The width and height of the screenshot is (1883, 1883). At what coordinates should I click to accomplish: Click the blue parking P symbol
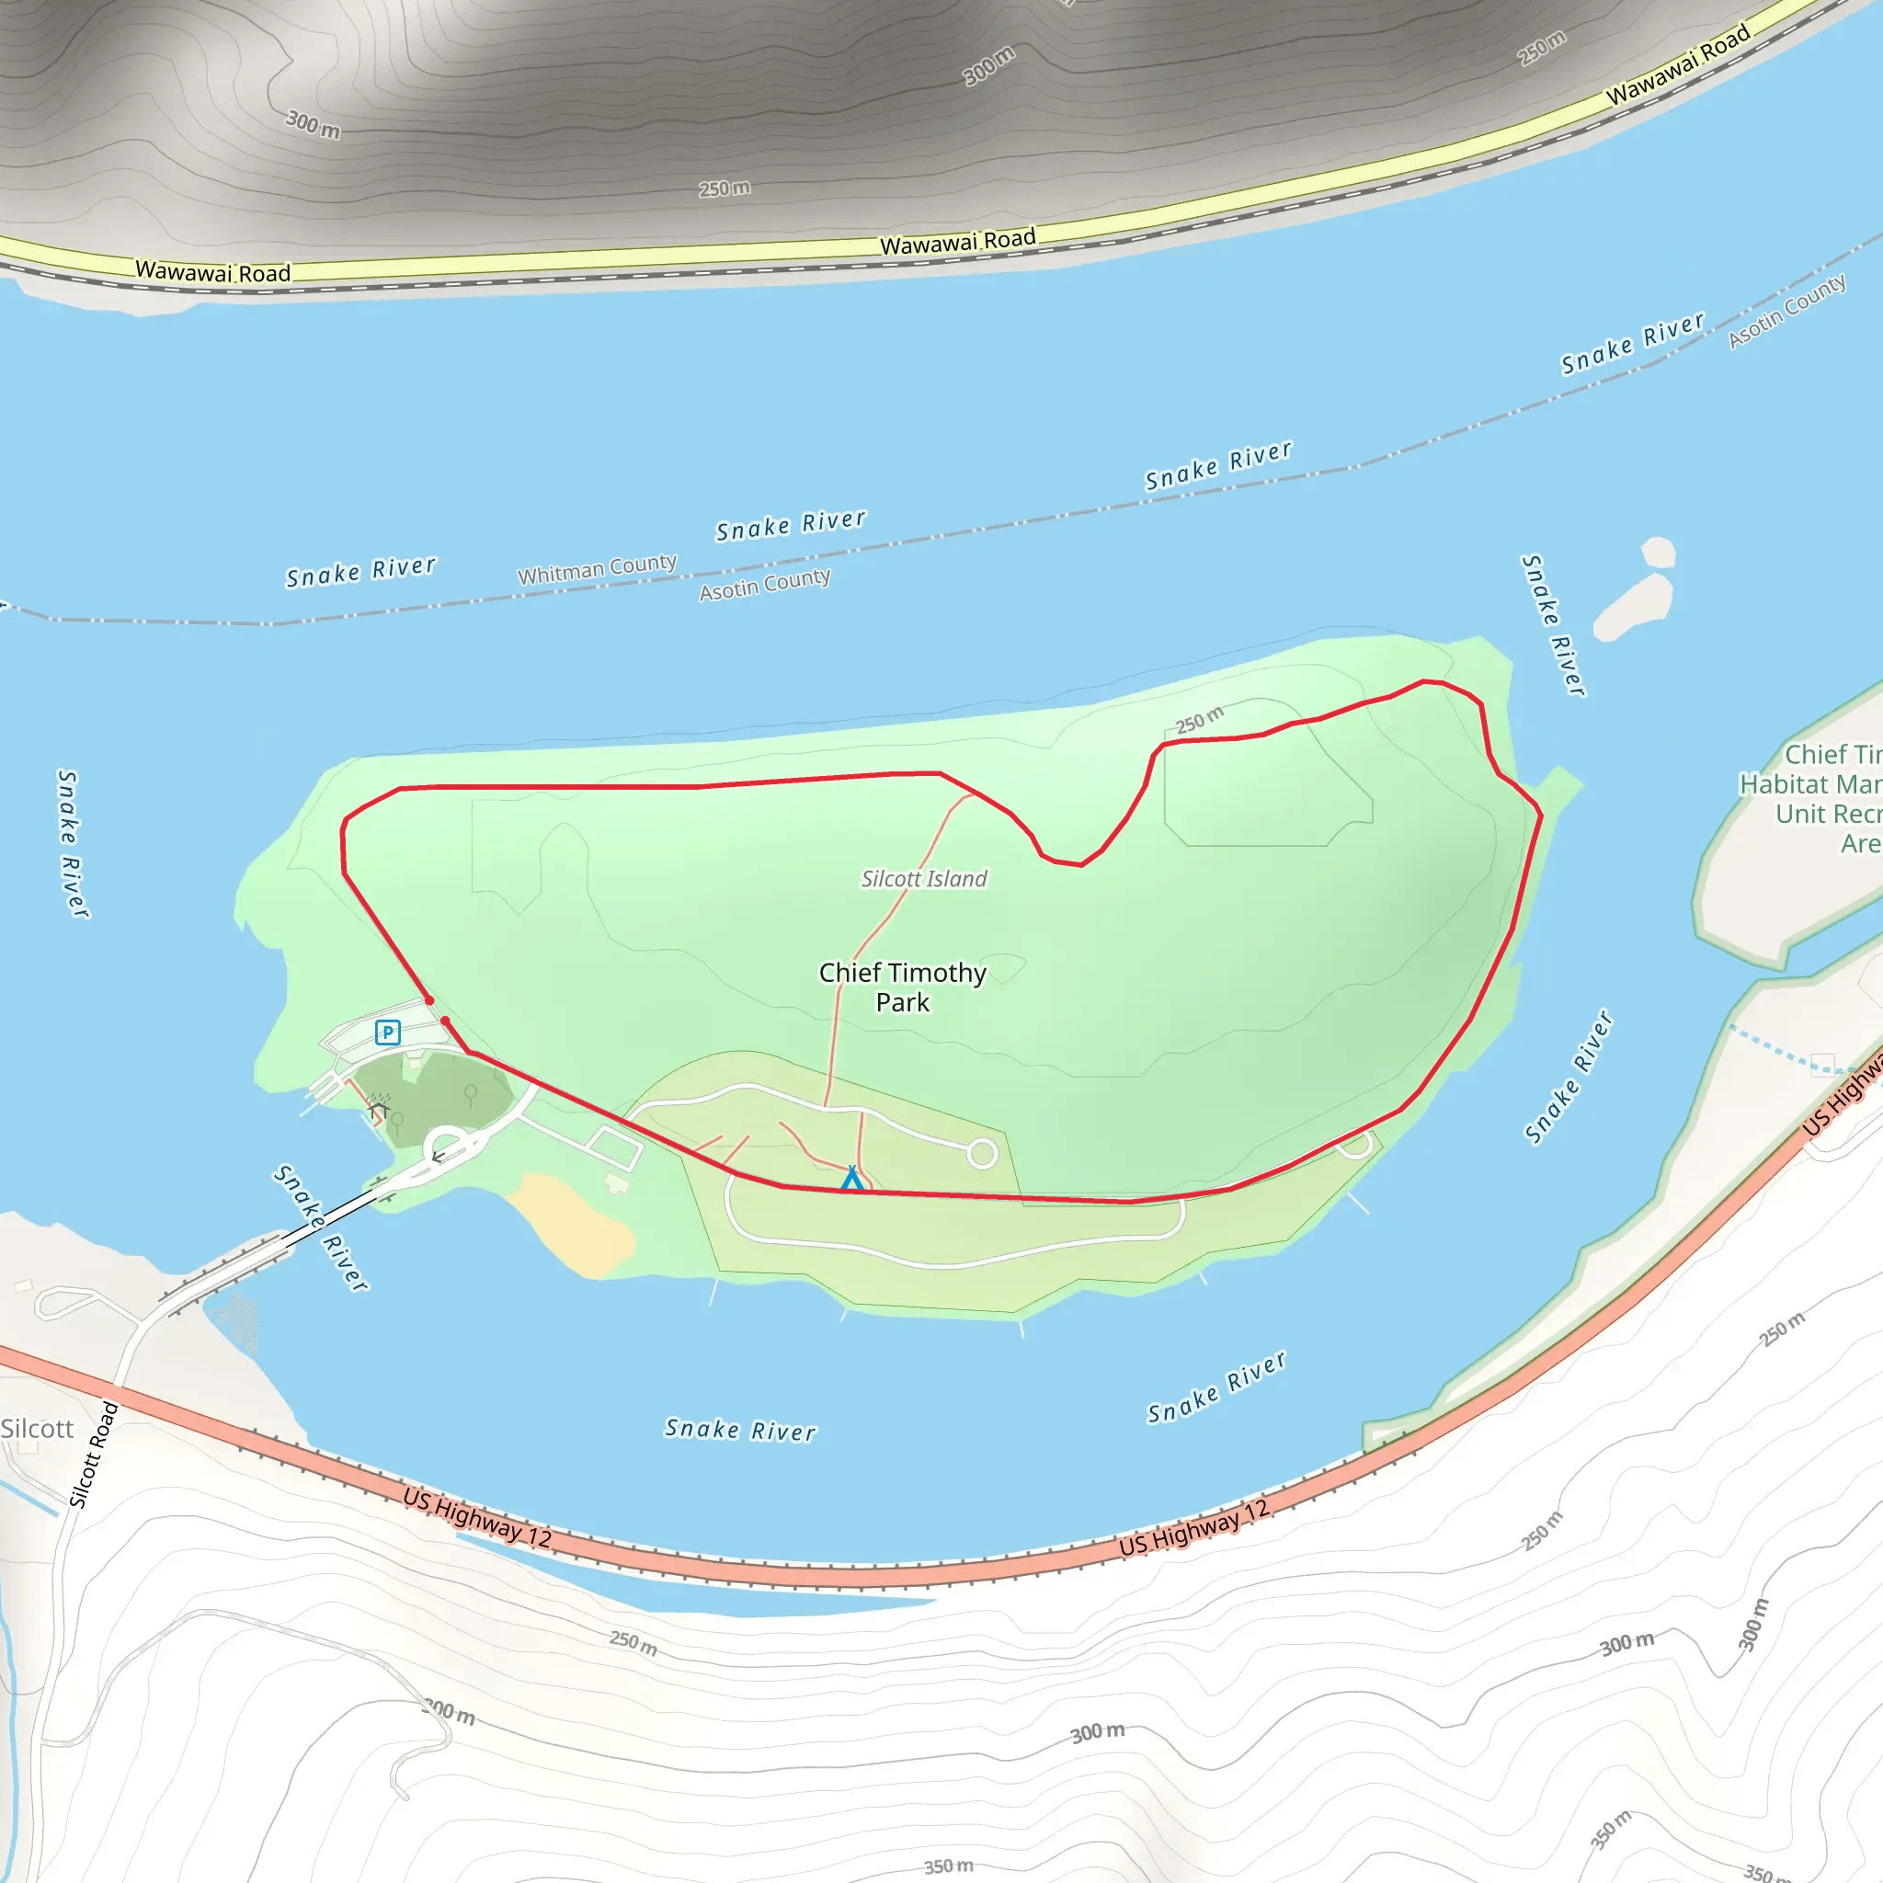pyautogui.click(x=388, y=1033)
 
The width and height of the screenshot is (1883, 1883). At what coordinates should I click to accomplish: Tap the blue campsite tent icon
pyautogui.click(x=851, y=1178)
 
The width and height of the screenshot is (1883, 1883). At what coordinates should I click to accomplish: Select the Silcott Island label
pyautogui.click(x=924, y=879)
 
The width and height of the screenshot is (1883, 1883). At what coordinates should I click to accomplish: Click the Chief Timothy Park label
pyautogui.click(x=903, y=987)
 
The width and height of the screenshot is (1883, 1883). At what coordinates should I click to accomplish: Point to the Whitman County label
pyautogui.click(x=597, y=569)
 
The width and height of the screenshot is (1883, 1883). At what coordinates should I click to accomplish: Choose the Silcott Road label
pyautogui.click(x=94, y=1455)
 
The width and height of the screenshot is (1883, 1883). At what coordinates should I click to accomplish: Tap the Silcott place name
pyautogui.click(x=37, y=1429)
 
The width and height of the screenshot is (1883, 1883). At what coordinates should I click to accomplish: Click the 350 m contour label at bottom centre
pyautogui.click(x=948, y=1866)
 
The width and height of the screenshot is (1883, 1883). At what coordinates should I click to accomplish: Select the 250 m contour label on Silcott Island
pyautogui.click(x=1199, y=720)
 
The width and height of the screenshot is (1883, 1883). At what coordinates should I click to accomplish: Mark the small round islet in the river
pyautogui.click(x=1658, y=553)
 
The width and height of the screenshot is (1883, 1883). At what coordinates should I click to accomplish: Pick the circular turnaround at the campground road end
pyautogui.click(x=983, y=1154)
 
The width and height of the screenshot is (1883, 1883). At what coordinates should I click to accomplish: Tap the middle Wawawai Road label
pyautogui.click(x=957, y=242)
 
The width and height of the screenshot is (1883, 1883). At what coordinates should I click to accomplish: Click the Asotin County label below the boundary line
pyautogui.click(x=765, y=585)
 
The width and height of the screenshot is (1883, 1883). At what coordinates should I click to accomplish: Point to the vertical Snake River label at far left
pyautogui.click(x=72, y=844)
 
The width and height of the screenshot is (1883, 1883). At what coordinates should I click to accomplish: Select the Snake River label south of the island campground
pyautogui.click(x=741, y=1430)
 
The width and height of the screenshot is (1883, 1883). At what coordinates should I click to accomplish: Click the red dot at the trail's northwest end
pyautogui.click(x=428, y=1001)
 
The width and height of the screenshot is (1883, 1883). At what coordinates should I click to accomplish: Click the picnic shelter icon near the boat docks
pyautogui.click(x=379, y=1110)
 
